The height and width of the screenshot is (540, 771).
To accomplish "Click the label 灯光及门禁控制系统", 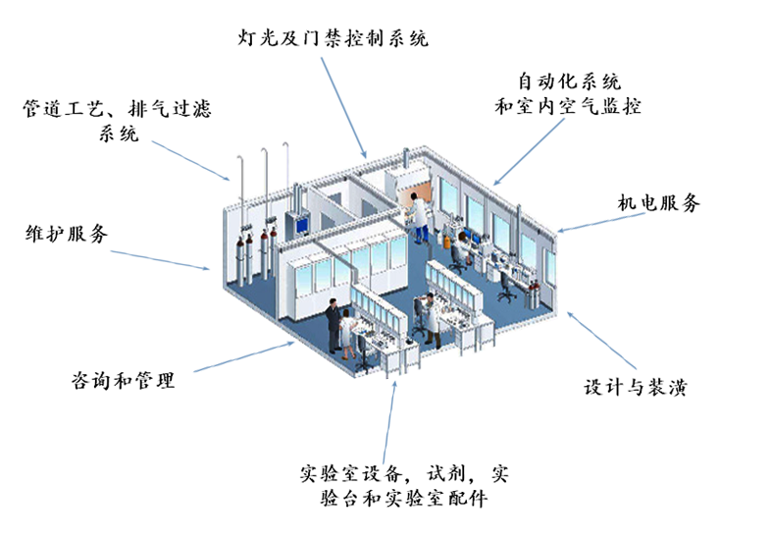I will point(334,39).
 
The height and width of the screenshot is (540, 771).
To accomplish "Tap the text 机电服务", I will point(658,204).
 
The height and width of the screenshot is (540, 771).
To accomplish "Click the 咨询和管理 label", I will point(124,380).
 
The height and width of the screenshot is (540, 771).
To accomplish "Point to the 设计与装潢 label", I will point(635,387).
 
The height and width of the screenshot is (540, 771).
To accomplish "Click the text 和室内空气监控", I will point(568,106).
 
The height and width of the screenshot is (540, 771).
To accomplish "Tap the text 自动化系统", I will point(569,81).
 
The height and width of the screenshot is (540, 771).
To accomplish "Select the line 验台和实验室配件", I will point(404,499).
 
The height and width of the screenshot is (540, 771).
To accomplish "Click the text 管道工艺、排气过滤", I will point(117,108).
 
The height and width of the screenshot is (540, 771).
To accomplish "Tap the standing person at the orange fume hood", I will point(419,218).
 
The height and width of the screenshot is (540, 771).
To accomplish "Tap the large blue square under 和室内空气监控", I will point(529,152).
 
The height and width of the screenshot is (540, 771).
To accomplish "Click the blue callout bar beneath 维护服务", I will point(159,260).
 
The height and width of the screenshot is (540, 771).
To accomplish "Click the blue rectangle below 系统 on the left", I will point(189,161).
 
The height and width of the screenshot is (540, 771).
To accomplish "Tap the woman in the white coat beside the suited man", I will point(349,332).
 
